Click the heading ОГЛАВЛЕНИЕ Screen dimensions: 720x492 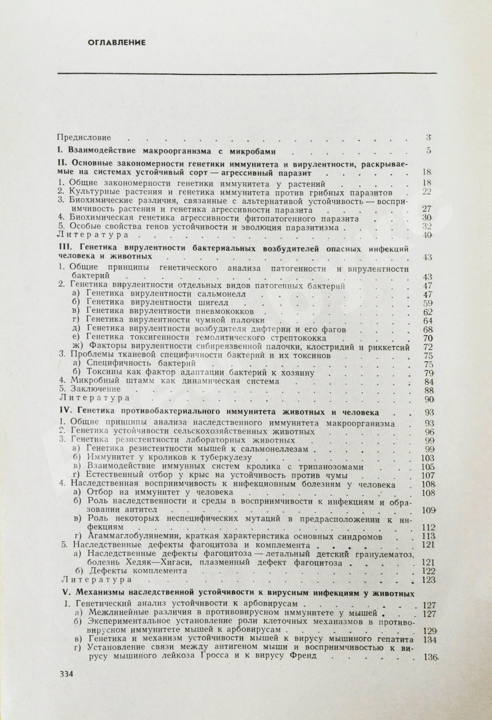(x=116, y=43)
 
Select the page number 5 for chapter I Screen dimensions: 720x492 (x=428, y=151)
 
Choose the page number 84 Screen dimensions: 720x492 (x=428, y=382)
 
